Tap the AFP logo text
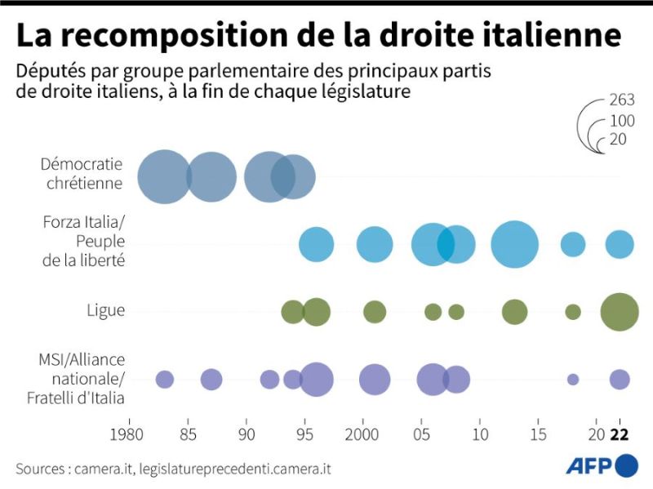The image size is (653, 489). coord(589,466)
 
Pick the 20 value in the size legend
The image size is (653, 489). coord(617,140)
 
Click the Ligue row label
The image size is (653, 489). coord(106,310)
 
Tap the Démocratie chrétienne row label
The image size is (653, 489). coord(82,173)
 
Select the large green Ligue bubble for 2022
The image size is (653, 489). coord(620,312)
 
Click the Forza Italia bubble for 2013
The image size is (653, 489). coord(515,244)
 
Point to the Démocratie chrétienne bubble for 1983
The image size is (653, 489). coord(164,176)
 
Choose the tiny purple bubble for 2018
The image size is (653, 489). coord(573,379)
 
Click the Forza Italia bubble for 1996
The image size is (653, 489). coord(317,244)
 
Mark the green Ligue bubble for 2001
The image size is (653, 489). coord(375,312)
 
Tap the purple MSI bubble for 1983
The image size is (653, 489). coord(165,379)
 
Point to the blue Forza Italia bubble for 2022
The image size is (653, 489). coord(620,244)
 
